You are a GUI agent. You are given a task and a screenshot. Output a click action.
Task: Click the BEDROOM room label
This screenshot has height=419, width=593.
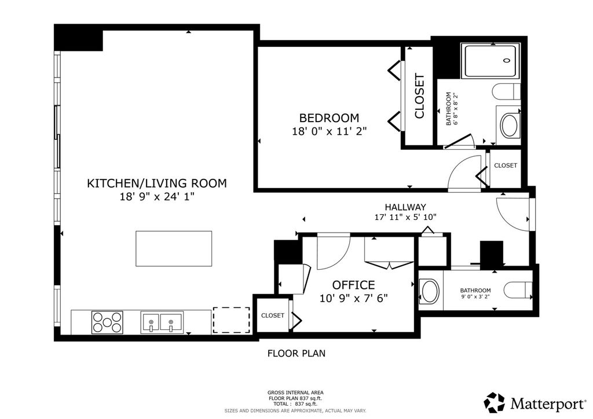coord(329,118)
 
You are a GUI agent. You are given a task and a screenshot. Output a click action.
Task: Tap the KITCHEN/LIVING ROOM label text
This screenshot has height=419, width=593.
coord(157,183)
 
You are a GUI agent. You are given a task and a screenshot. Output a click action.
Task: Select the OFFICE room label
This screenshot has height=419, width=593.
coord(354,285)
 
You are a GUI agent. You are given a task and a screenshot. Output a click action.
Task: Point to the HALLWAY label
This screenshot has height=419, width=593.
coord(405,207)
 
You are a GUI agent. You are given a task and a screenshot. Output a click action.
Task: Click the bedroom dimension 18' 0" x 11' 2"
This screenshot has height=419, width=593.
coord(330,131)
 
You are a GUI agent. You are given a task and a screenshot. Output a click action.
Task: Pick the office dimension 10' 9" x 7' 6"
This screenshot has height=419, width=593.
coord(354,299)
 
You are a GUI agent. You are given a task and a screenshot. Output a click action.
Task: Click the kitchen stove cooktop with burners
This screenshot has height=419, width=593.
coord(107,322)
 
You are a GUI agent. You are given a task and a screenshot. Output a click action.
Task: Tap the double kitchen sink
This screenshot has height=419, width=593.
coord(162,323)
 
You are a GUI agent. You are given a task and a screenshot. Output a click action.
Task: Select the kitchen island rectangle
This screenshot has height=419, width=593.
coord(174,249)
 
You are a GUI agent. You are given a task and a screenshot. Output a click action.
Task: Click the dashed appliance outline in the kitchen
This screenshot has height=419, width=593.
coord(232,320)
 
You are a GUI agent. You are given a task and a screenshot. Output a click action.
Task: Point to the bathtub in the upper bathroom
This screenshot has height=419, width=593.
coord(490,61)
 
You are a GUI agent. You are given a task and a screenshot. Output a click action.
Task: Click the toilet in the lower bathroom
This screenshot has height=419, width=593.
coord(518,290)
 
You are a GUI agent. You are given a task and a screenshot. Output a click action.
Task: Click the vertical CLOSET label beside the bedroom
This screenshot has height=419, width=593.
coord(420,96)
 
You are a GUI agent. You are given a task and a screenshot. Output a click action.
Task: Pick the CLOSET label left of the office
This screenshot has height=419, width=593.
coord(273,315)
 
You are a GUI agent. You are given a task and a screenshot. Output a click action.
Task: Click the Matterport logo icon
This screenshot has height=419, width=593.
coord(495,403)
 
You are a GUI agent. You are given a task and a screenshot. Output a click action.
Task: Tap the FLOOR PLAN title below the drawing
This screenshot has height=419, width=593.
coord(296,354)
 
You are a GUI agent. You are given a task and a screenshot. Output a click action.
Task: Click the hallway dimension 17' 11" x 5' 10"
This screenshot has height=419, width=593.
coord(405,217)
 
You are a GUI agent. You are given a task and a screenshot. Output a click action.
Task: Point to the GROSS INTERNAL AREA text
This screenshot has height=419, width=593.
coord(295,392)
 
